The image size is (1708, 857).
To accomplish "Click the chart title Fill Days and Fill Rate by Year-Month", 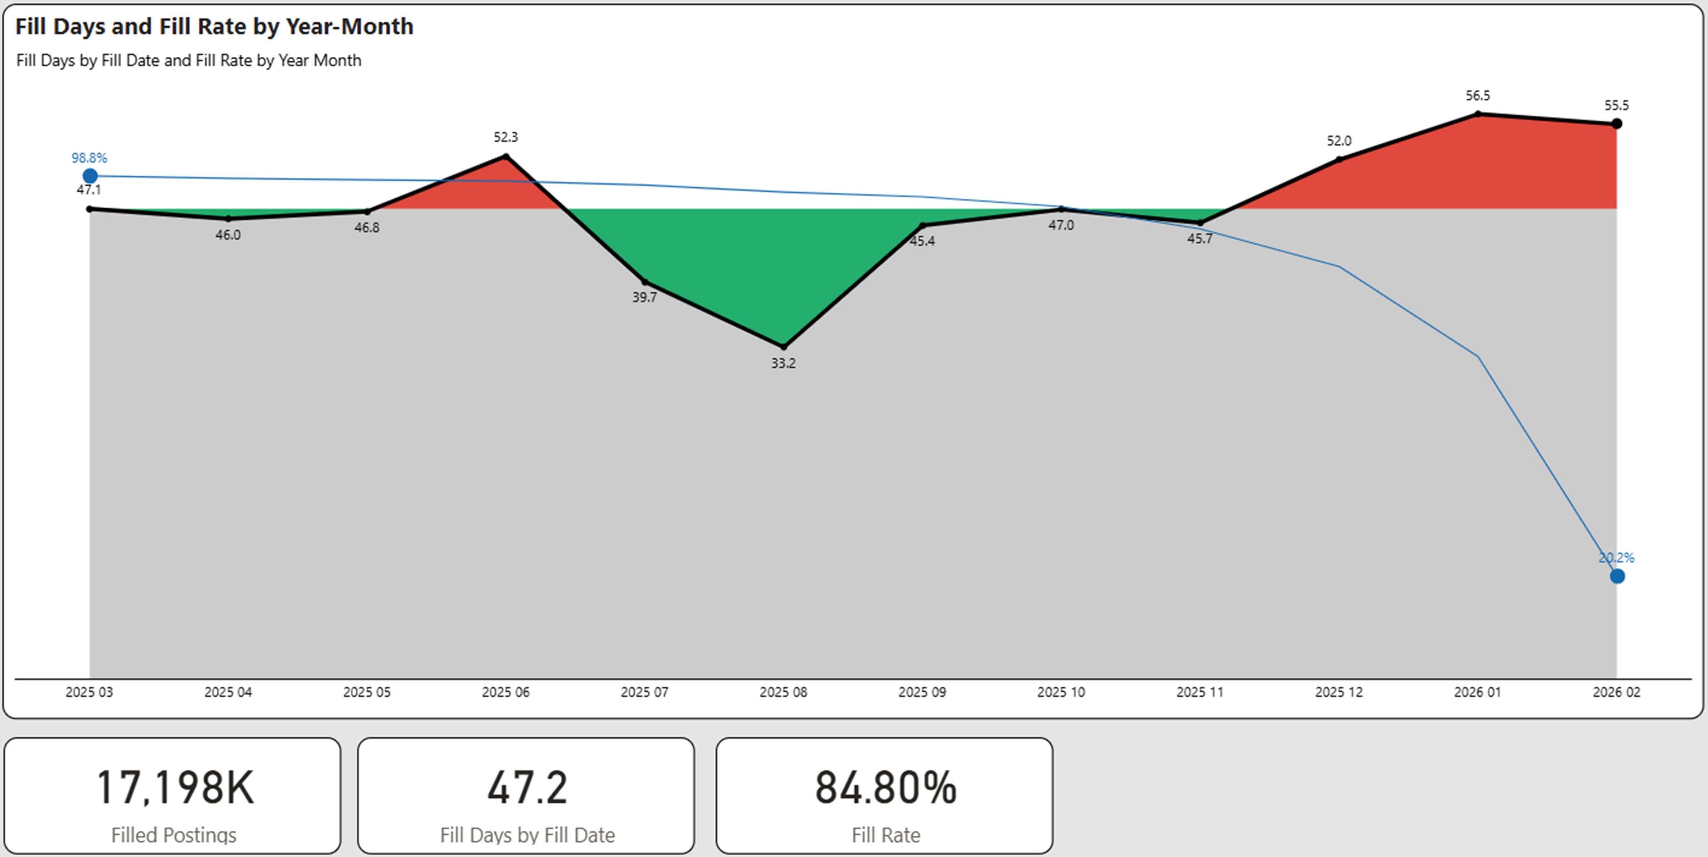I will tap(214, 27).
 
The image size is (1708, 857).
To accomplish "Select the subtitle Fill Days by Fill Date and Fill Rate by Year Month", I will tap(188, 60).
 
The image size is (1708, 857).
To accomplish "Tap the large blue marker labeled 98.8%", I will tap(90, 176).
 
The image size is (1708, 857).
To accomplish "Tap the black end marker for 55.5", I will tap(1617, 123).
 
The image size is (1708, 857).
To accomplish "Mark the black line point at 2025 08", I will tap(784, 346).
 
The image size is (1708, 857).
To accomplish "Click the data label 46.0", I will tap(228, 235).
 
